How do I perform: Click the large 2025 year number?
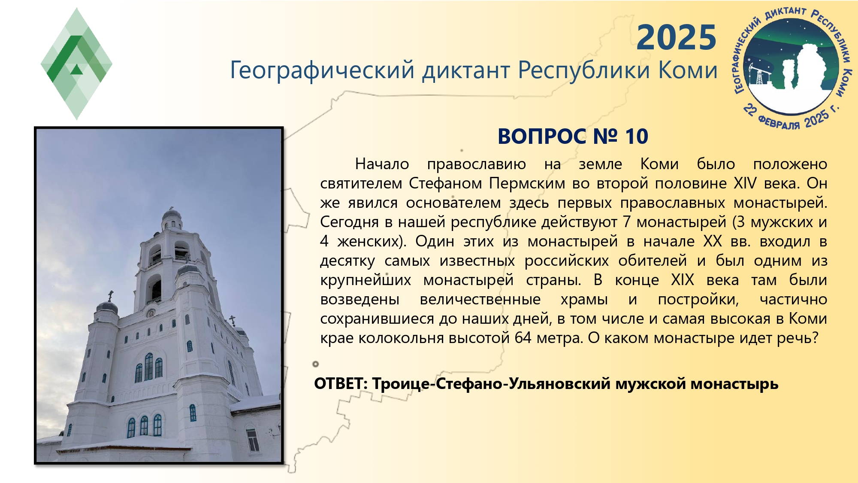click(x=677, y=38)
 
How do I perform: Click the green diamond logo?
click(x=76, y=64)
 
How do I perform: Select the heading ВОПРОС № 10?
click(x=573, y=137)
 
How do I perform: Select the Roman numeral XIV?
click(x=745, y=183)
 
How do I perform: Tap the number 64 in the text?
click(x=523, y=338)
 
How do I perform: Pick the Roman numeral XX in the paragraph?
click(x=713, y=241)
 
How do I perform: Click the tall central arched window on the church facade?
click(x=148, y=366)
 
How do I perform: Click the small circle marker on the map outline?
click(x=316, y=364)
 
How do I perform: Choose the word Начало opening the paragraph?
click(x=382, y=164)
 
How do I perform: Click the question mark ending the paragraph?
click(x=815, y=338)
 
